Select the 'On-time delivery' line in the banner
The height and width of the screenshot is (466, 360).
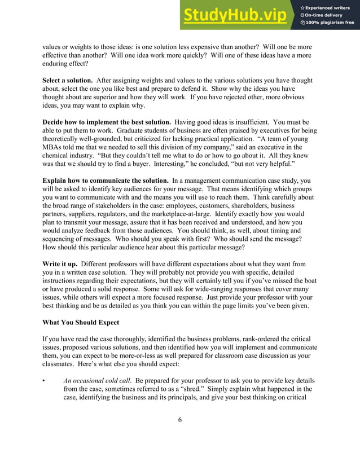pos(326,15)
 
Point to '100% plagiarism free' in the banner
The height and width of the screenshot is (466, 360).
pos(330,23)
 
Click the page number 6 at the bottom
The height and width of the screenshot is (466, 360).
pos(179,419)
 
